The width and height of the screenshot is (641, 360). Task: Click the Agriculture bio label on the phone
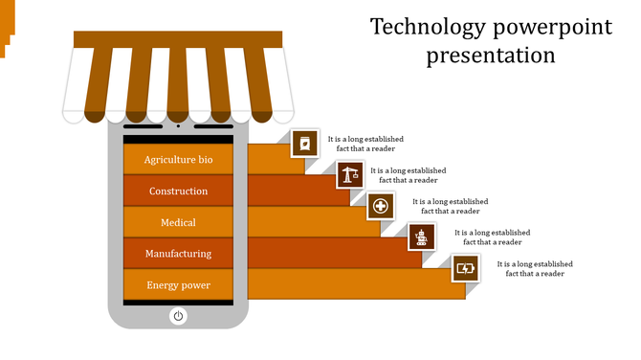[178, 160]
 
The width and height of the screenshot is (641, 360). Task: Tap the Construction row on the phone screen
[178, 191]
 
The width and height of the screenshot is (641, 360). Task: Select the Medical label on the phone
[178, 222]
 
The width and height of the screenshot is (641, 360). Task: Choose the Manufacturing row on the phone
[178, 254]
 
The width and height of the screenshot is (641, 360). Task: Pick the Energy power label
[178, 285]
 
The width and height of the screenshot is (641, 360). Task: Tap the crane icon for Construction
[349, 174]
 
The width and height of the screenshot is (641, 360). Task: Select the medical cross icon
[381, 205]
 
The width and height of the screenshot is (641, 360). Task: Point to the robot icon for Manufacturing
[422, 236]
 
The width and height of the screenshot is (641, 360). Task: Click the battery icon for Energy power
[465, 267]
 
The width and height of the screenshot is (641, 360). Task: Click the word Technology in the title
[417, 27]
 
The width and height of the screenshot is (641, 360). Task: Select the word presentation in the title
[491, 56]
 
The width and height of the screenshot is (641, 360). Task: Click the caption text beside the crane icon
[409, 174]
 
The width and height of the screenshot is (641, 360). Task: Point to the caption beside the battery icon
[535, 267]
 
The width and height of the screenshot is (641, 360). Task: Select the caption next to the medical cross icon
[450, 206]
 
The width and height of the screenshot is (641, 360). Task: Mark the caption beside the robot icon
[492, 236]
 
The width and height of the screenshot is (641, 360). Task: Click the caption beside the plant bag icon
[365, 144]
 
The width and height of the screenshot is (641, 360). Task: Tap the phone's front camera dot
[178, 125]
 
